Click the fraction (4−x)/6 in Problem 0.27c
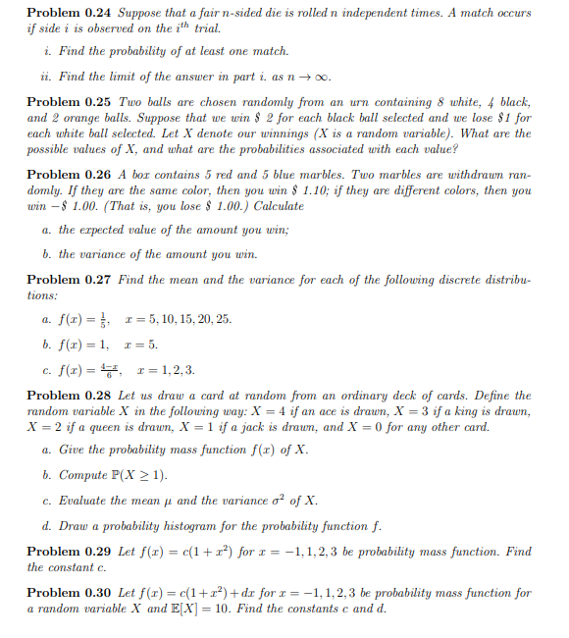[110, 369]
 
